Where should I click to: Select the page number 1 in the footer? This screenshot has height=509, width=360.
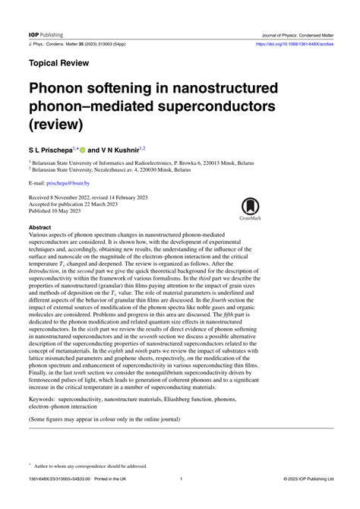[180, 499]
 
